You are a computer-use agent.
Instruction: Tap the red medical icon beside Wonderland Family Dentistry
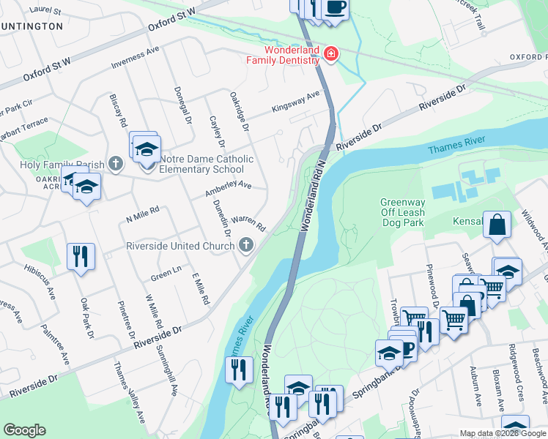tap(330, 55)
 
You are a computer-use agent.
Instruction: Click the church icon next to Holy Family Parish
tap(115, 164)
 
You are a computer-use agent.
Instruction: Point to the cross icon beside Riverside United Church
tap(247, 246)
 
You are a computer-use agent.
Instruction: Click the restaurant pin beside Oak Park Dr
tap(81, 257)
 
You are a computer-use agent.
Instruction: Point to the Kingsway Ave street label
tap(296, 102)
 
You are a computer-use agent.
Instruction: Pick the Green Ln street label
tap(166, 277)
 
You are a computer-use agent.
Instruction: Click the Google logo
tap(24, 430)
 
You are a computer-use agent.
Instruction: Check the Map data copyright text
tap(503, 433)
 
